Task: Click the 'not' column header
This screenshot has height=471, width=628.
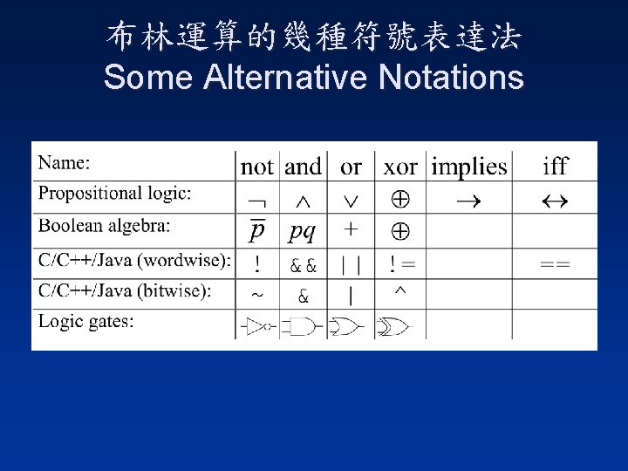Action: tap(257, 166)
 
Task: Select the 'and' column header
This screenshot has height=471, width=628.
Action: tap(304, 166)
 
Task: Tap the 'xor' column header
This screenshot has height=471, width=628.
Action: tap(400, 166)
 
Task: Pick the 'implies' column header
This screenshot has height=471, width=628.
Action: tap(468, 166)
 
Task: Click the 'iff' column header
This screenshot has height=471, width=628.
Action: tap(555, 166)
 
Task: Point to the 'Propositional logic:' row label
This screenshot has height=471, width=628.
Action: tap(115, 193)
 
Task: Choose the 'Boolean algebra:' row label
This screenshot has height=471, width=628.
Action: tap(105, 226)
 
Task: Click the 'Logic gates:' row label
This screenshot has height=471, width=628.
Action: tap(86, 321)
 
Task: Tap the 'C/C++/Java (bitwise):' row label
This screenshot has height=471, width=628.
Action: tap(125, 290)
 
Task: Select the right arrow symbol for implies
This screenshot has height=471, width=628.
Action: tap(470, 201)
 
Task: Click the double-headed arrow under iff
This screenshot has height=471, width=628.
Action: tap(555, 201)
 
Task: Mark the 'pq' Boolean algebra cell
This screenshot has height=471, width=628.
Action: tap(303, 232)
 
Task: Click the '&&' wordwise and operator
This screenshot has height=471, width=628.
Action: tap(303, 263)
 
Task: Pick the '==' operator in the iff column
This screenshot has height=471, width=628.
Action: tap(555, 263)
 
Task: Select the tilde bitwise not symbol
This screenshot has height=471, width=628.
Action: tap(257, 296)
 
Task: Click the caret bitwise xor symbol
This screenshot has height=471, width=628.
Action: tap(399, 290)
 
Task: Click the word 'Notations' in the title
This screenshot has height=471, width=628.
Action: tap(452, 78)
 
